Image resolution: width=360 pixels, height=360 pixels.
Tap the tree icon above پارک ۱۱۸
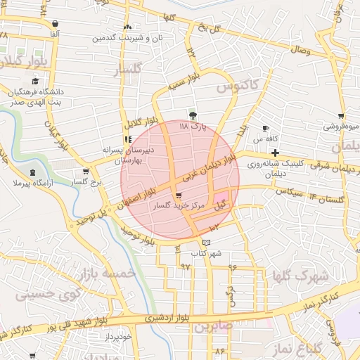click(x=193, y=115)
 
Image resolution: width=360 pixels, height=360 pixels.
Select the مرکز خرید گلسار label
click(x=179, y=207)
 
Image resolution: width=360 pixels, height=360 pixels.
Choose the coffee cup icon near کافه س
click(x=265, y=129)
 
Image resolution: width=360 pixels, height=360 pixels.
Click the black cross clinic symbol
click(x=275, y=153)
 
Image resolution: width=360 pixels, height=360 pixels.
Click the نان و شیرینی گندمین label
click(x=129, y=37)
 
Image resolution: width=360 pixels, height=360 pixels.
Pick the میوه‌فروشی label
click(x=341, y=127)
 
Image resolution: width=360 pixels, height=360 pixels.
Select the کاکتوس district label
click(x=238, y=86)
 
